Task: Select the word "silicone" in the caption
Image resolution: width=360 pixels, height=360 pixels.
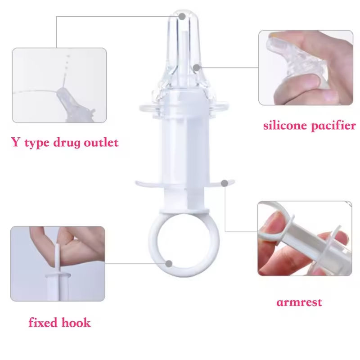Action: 284,126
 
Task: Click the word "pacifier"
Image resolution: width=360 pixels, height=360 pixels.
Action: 332,126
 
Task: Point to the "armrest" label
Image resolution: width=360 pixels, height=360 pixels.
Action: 299,302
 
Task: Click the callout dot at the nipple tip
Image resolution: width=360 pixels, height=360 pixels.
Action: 182,16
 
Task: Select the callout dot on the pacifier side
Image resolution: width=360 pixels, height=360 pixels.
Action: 196,67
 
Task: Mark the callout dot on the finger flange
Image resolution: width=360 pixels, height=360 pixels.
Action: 224,183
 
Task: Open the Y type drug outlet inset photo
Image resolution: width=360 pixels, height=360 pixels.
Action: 59,85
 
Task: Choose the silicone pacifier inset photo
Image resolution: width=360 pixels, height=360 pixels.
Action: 305,67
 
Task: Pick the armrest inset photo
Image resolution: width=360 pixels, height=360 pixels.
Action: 305,238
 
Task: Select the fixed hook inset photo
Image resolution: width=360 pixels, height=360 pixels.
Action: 58,264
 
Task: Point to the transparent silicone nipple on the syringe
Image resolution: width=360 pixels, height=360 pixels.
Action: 182,54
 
